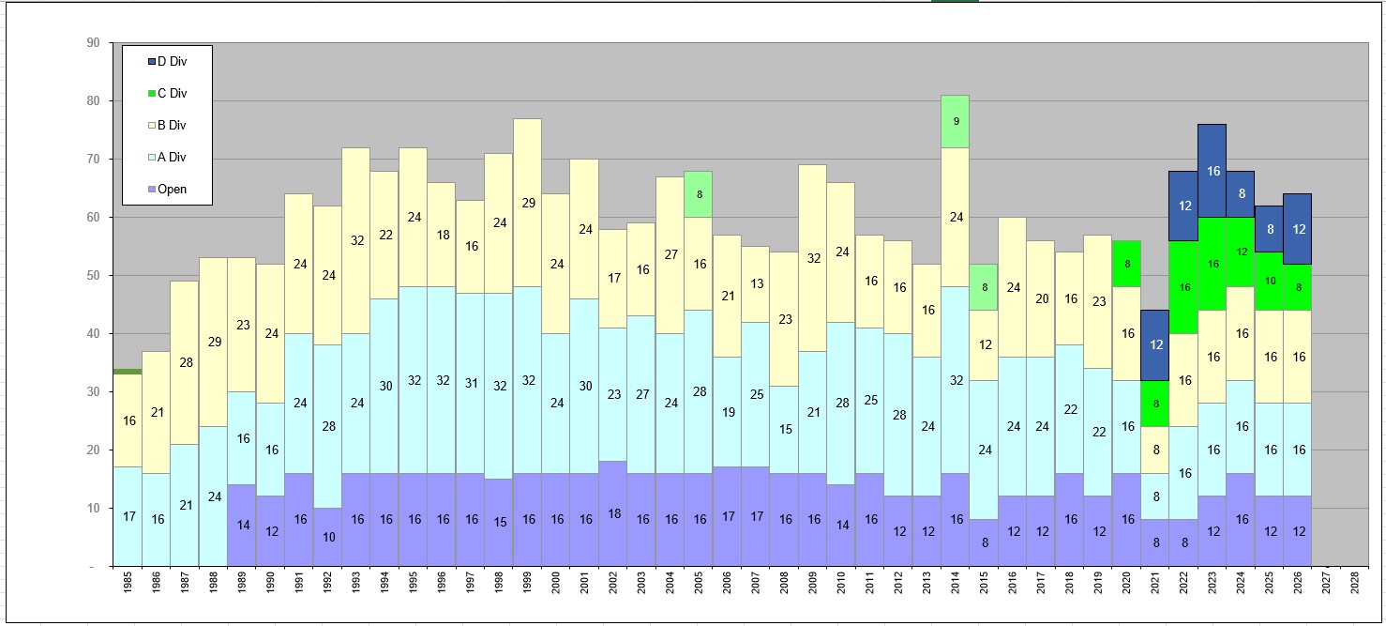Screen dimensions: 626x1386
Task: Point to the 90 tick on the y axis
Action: (x=92, y=42)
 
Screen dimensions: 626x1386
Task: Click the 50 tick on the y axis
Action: (x=92, y=275)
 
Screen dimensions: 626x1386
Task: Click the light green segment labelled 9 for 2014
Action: (x=956, y=121)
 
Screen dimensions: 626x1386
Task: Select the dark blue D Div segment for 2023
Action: (x=1213, y=171)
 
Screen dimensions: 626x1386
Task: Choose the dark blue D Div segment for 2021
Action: (x=1155, y=344)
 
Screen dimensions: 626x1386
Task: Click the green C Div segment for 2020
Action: (x=1127, y=264)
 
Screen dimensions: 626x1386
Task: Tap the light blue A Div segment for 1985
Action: (x=128, y=516)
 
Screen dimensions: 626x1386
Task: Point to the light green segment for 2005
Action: (x=699, y=194)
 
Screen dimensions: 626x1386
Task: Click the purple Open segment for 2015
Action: (x=984, y=542)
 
